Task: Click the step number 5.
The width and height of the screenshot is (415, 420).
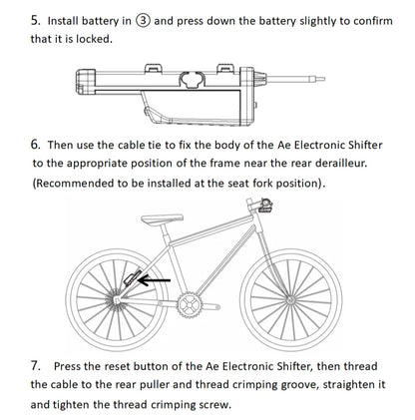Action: point(37,18)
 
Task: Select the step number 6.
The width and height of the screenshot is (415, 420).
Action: point(37,144)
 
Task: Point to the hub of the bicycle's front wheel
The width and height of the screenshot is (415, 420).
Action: point(291,296)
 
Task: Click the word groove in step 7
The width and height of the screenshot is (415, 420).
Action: point(353,385)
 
